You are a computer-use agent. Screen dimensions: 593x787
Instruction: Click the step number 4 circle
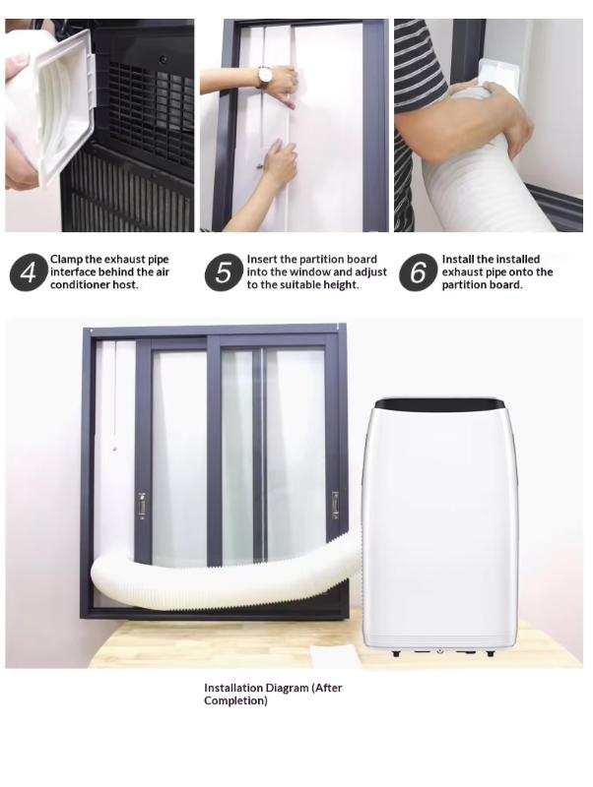tap(29, 272)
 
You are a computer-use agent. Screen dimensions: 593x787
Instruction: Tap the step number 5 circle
tap(224, 272)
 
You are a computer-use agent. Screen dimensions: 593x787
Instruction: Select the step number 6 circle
tap(418, 272)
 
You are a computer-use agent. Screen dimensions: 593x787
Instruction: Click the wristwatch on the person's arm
tap(265, 77)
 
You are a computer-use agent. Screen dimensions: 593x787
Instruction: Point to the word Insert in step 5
tap(261, 259)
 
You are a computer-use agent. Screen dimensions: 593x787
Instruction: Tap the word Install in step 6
tap(458, 259)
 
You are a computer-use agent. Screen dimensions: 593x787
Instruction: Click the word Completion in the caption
tap(235, 700)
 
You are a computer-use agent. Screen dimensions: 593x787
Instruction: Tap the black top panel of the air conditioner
tap(440, 403)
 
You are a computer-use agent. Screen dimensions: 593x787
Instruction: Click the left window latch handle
tap(142, 506)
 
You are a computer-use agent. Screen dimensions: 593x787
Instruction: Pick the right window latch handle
tap(335, 505)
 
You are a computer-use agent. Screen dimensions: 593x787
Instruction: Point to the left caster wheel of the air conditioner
tap(396, 653)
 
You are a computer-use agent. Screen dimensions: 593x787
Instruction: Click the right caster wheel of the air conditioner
tap(490, 653)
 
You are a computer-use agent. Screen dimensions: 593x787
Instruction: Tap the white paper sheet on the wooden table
tap(333, 656)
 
